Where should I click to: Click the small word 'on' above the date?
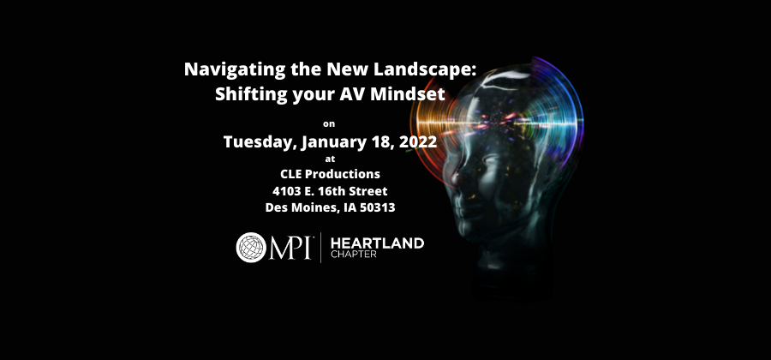(330, 123)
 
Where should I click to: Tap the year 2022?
(415, 141)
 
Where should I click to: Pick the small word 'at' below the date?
(330, 159)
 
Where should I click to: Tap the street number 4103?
(289, 190)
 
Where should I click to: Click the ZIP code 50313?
(373, 207)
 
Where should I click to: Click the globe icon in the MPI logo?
(251, 247)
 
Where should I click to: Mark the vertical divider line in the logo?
(320, 248)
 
